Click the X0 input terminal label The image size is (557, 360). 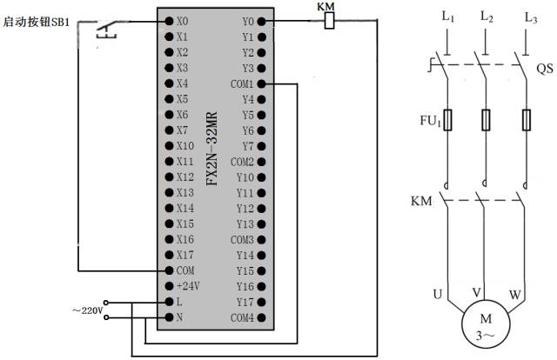[181, 21]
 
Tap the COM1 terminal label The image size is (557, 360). [243, 84]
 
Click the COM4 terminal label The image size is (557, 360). [243, 317]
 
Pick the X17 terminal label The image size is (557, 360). [184, 255]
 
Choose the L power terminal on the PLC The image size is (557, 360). [179, 302]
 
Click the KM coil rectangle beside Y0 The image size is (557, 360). [329, 20]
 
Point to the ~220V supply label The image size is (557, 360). [87, 310]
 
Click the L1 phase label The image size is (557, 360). [448, 15]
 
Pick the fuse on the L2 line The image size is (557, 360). [487, 118]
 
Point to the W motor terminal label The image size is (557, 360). [515, 295]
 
